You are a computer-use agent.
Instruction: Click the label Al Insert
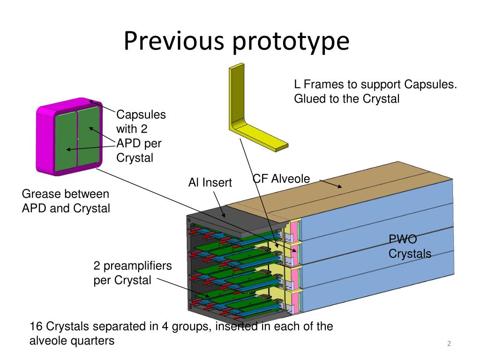[210, 182]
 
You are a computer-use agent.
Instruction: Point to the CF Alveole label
[281, 179]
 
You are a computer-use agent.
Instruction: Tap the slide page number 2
[449, 344]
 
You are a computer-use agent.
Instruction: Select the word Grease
[41, 194]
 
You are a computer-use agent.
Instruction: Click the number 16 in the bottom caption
[36, 327]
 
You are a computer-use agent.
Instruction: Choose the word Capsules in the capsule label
[141, 114]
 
